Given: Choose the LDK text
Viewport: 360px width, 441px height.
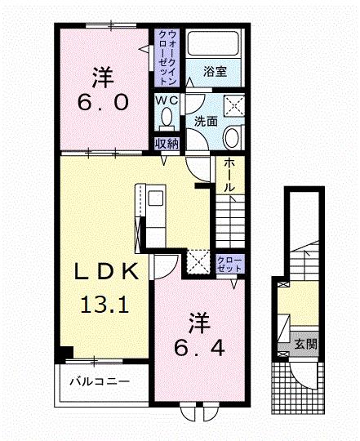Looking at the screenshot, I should pyautogui.click(x=102, y=272).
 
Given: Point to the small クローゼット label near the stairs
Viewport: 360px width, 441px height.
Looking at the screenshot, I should pyautogui.click(x=228, y=262).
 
